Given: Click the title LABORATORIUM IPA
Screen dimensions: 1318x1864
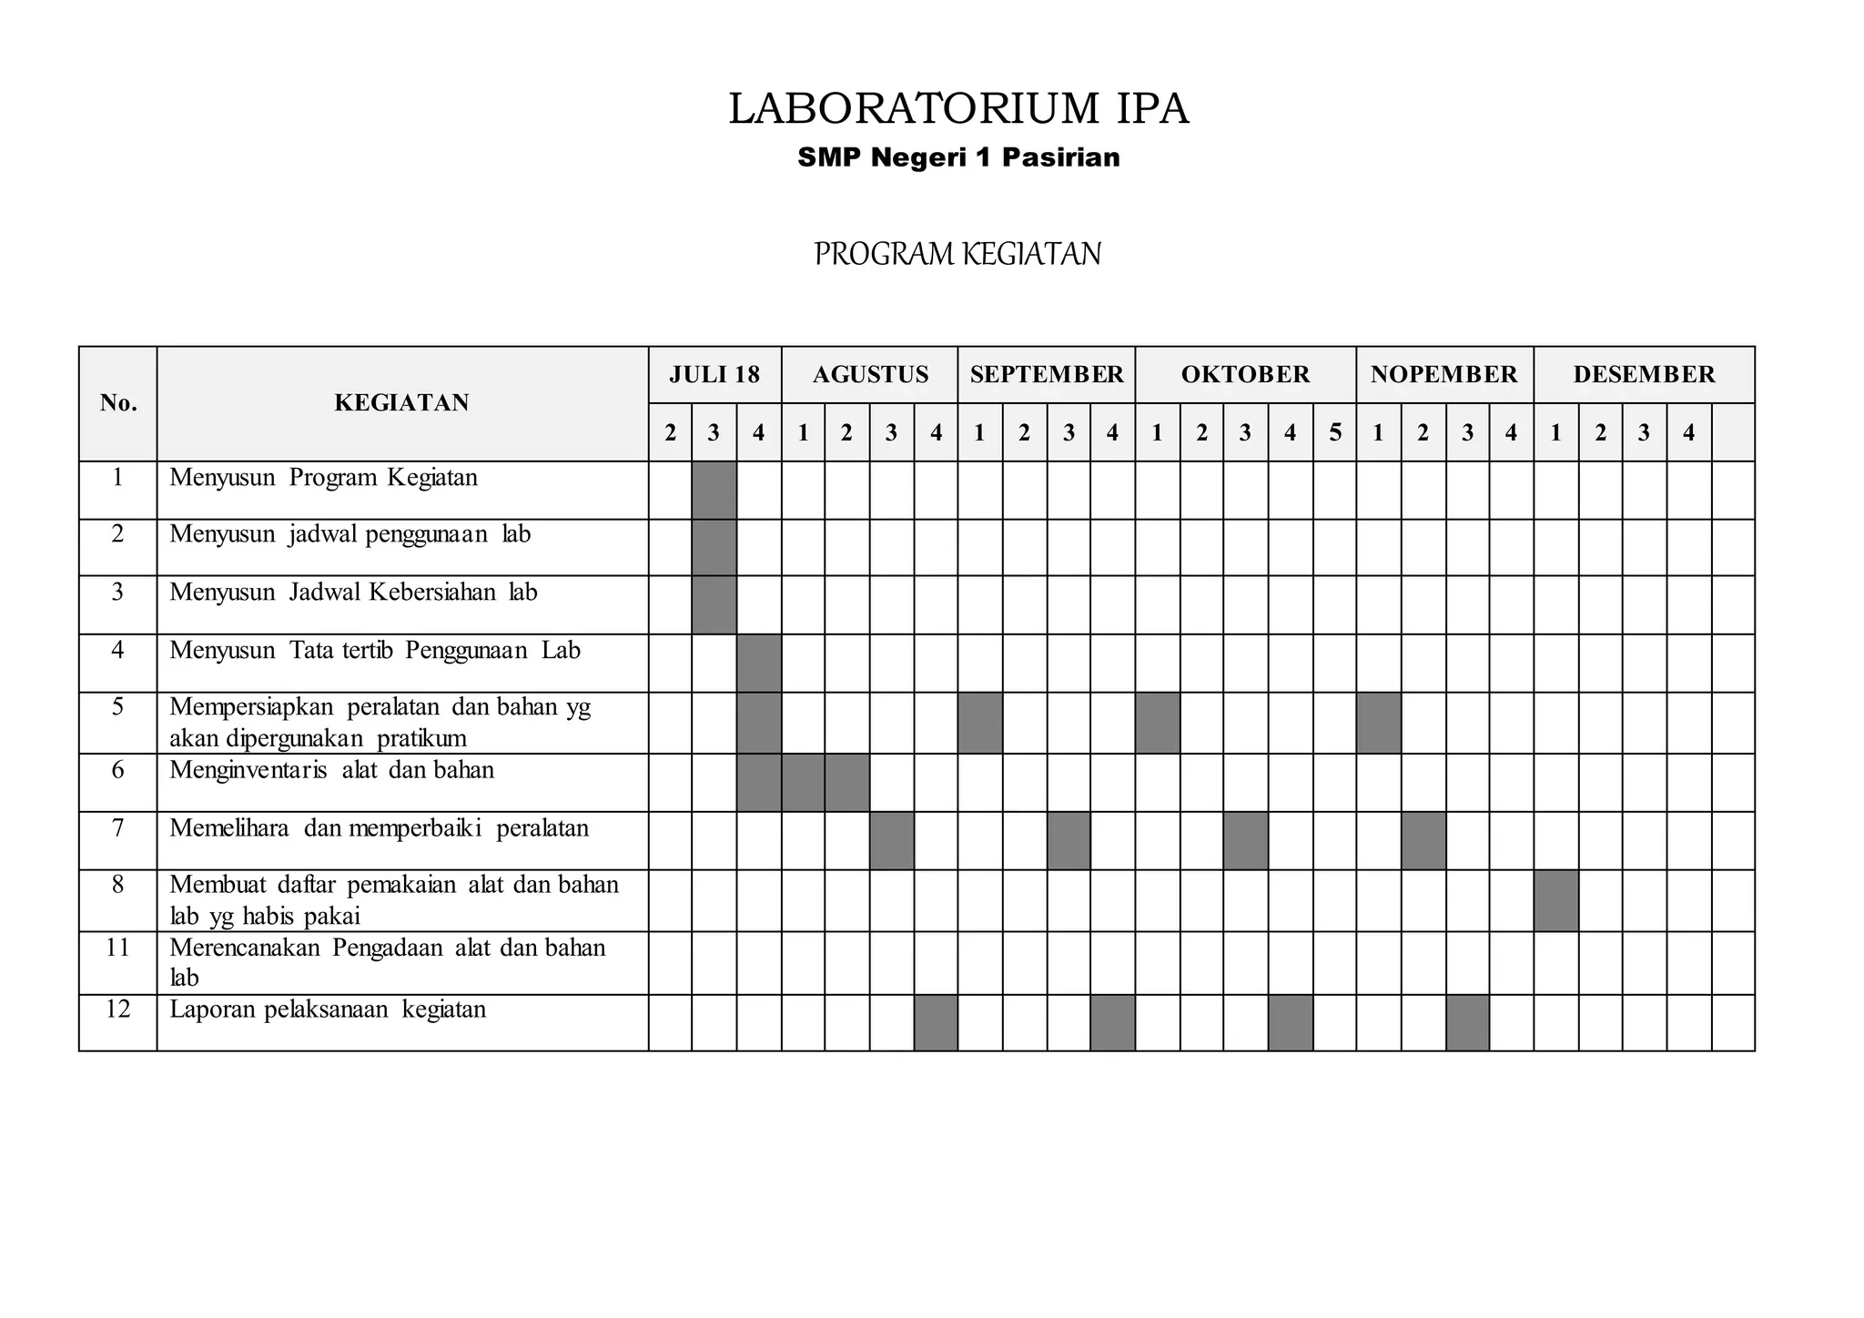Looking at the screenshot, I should pyautogui.click(x=958, y=109).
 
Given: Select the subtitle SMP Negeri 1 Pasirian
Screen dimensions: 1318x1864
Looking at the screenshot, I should pyautogui.click(x=958, y=157).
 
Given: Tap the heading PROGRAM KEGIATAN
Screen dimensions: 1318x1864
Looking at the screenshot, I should pyautogui.click(x=957, y=254).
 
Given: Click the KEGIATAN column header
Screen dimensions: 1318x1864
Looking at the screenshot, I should pyautogui.click(x=401, y=402).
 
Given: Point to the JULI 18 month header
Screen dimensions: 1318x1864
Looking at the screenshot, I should pyautogui.click(x=714, y=374).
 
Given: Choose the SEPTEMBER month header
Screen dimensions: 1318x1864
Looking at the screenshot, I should pyautogui.click(x=1047, y=374).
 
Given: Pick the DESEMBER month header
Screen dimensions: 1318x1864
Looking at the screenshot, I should pyautogui.click(x=1644, y=374).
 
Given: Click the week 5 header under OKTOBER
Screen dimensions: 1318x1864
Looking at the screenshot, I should pyautogui.click(x=1334, y=432).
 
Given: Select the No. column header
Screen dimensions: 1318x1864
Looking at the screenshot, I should pyautogui.click(x=118, y=402).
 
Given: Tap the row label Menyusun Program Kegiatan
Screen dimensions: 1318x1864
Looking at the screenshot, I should pyautogui.click(x=323, y=478).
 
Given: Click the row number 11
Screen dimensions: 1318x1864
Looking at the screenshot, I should pyautogui.click(x=117, y=948).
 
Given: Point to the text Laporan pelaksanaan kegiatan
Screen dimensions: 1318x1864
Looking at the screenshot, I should pyautogui.click(x=328, y=1009).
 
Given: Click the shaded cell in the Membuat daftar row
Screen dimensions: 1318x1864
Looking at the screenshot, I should pyautogui.click(x=1555, y=900).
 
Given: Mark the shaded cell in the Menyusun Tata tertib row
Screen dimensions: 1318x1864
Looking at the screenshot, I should pyautogui.click(x=759, y=663).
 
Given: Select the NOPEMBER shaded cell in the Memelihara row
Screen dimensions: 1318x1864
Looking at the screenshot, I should pyautogui.click(x=1423, y=840).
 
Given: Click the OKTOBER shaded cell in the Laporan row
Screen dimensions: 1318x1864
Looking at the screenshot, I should pyautogui.click(x=1290, y=1022).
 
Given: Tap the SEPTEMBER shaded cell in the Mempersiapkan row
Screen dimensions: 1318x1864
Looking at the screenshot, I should pyautogui.click(x=980, y=723).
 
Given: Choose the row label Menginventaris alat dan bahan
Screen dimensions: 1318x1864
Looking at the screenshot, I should pyautogui.click(x=331, y=770).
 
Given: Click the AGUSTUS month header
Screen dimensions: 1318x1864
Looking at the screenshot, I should pyautogui.click(x=870, y=374).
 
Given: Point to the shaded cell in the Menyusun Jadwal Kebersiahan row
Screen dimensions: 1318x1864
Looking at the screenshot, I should pyautogui.click(x=714, y=604).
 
